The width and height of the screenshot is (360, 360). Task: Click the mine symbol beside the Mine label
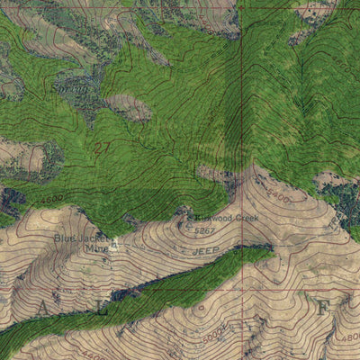(113, 245)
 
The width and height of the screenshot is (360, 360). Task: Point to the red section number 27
(103, 147)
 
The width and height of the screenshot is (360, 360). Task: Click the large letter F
(322, 307)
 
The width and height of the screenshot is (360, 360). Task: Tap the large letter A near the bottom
(41, 309)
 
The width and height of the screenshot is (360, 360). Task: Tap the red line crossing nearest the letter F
(242, 291)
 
